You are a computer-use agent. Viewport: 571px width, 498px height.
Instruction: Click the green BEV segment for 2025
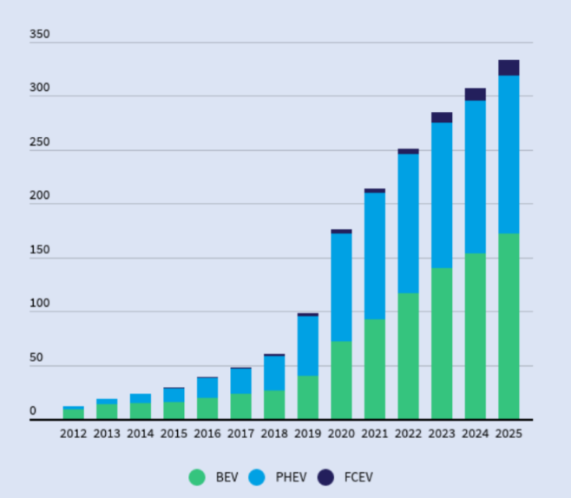point(509,326)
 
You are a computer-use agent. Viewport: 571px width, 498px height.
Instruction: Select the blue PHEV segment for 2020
point(341,287)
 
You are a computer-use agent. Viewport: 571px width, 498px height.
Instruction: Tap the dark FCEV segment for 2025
point(509,68)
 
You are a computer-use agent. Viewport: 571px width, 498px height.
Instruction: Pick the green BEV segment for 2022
point(408,356)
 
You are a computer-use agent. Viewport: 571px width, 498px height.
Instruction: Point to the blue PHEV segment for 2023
point(442,195)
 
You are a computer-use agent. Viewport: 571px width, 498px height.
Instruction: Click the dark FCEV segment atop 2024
point(475,94)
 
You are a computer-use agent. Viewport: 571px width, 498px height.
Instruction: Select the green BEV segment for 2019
point(308,397)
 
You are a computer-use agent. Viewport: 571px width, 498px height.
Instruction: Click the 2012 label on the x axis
point(74,433)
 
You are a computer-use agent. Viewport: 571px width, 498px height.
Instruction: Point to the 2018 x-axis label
point(274,433)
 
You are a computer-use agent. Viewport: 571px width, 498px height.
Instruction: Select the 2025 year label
point(509,433)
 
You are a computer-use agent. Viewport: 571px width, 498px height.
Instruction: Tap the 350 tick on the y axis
point(39,36)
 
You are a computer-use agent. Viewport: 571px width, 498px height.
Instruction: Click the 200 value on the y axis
point(39,197)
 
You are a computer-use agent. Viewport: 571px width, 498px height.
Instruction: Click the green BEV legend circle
point(197,476)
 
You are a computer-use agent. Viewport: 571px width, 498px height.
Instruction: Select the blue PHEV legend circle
point(257,476)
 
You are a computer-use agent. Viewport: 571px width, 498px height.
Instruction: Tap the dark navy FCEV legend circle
point(325,476)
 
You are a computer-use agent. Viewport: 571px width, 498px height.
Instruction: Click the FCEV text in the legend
point(358,477)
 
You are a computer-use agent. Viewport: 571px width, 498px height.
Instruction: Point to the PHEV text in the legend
point(291,477)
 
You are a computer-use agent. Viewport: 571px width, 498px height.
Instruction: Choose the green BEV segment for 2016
point(207,409)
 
